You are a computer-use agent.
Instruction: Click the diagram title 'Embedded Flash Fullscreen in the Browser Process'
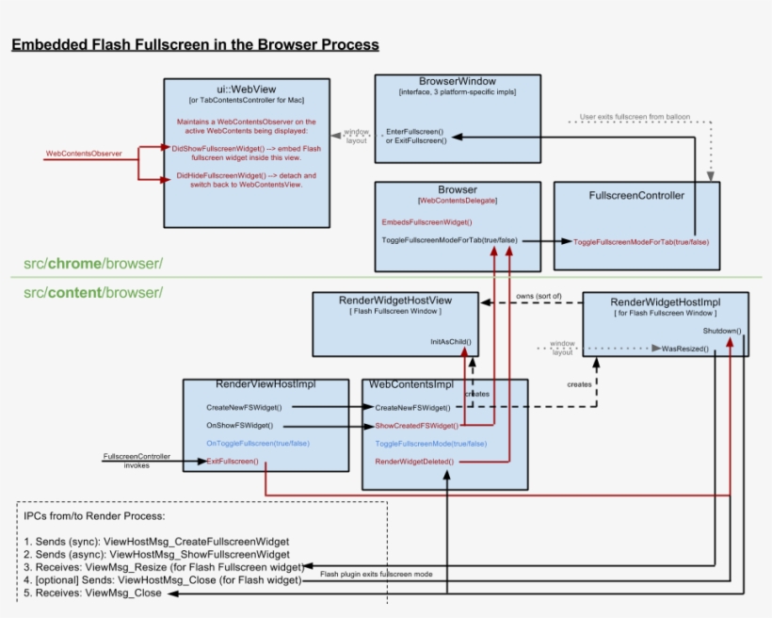point(195,44)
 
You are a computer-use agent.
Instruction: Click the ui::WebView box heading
point(246,89)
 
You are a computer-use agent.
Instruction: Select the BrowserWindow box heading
point(458,82)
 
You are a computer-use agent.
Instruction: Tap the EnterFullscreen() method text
point(414,130)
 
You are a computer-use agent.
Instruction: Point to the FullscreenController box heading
point(636,196)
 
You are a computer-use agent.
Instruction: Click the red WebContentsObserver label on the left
point(84,153)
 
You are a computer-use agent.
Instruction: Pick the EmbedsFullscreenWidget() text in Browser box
point(426,221)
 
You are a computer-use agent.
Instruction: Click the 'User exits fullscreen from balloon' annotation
point(635,117)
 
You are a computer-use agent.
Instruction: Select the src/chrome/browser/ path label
point(93,263)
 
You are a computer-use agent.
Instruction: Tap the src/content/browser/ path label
point(93,292)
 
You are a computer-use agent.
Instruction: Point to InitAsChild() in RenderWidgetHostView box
point(450,341)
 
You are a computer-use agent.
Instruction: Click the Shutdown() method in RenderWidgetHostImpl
point(721,332)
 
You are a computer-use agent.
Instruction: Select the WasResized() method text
point(686,349)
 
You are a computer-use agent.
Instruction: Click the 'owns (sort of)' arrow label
point(539,296)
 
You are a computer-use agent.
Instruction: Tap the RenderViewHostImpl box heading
point(265,385)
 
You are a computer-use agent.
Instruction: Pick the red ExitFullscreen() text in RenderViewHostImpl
point(232,462)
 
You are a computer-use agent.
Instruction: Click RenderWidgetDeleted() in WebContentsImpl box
point(414,462)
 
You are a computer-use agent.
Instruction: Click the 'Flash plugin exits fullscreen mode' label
point(377,574)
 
